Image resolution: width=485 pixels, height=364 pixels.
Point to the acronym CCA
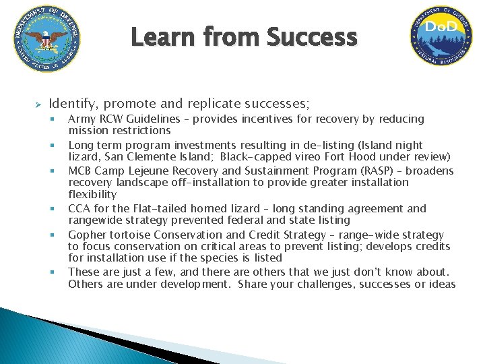point(79,208)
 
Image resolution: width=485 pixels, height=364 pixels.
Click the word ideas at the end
point(442,284)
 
